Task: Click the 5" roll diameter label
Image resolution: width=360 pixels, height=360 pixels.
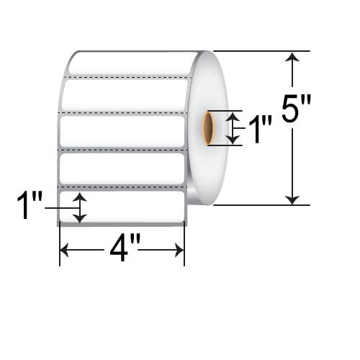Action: tap(296, 108)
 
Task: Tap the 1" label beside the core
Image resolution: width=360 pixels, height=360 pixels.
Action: tap(261, 129)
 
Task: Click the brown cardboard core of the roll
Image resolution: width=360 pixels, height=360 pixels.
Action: tap(208, 128)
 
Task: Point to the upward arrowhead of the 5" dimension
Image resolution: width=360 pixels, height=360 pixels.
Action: tap(292, 58)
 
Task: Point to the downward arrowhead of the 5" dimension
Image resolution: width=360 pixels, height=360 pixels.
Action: tap(292, 199)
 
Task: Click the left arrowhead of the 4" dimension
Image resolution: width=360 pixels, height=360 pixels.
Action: tap(64, 250)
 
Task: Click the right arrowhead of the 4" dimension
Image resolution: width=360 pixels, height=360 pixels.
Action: tap(179, 250)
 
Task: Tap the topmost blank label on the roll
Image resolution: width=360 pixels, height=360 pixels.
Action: tap(132, 63)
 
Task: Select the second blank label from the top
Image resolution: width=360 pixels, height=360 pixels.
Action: tap(125, 94)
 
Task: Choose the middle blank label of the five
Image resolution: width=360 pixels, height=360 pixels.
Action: tap(122, 131)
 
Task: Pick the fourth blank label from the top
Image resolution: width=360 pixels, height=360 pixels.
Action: tap(122, 168)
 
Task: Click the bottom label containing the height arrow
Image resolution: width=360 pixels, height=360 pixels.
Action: tap(122, 207)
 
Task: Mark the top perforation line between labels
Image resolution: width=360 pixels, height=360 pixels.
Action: tap(128, 77)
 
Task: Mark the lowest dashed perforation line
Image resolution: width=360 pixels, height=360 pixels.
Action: tap(122, 186)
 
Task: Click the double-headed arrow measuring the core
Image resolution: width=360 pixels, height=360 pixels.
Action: tap(233, 128)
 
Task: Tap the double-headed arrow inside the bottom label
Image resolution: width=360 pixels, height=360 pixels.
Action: tap(80, 207)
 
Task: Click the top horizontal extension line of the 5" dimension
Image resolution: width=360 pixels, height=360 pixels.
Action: tap(261, 51)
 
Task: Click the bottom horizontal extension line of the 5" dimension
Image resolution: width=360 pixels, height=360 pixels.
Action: tap(261, 205)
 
